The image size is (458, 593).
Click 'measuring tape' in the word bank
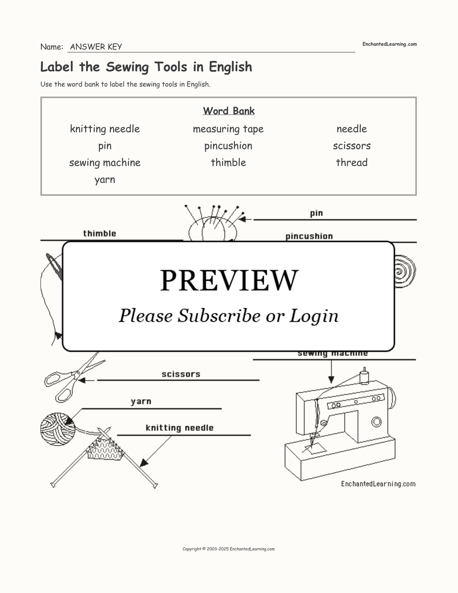pyautogui.click(x=228, y=129)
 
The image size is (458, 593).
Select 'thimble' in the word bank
pyautogui.click(x=228, y=162)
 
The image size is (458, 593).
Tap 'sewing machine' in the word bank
pyautogui.click(x=105, y=163)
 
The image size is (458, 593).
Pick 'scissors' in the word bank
pyautogui.click(x=352, y=146)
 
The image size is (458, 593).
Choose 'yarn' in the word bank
pyautogui.click(x=105, y=180)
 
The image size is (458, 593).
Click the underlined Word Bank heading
pyautogui.click(x=229, y=111)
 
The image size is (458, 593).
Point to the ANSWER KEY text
pyautogui.click(x=96, y=47)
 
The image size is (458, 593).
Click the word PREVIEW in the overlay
pyautogui.click(x=229, y=280)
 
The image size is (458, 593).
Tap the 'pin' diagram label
pyautogui.click(x=317, y=213)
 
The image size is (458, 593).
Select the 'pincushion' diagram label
pyautogui.click(x=309, y=236)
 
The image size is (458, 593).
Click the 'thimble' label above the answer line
pyautogui.click(x=100, y=233)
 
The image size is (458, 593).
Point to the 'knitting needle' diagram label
pyautogui.click(x=180, y=428)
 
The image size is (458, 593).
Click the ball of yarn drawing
pyautogui.click(x=58, y=429)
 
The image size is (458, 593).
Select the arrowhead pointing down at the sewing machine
pyautogui.click(x=332, y=379)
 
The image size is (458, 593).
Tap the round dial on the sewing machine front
pyautogui.click(x=376, y=422)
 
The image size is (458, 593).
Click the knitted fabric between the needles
pyautogui.click(x=105, y=449)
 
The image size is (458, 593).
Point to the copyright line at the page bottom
pyautogui.click(x=229, y=549)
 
